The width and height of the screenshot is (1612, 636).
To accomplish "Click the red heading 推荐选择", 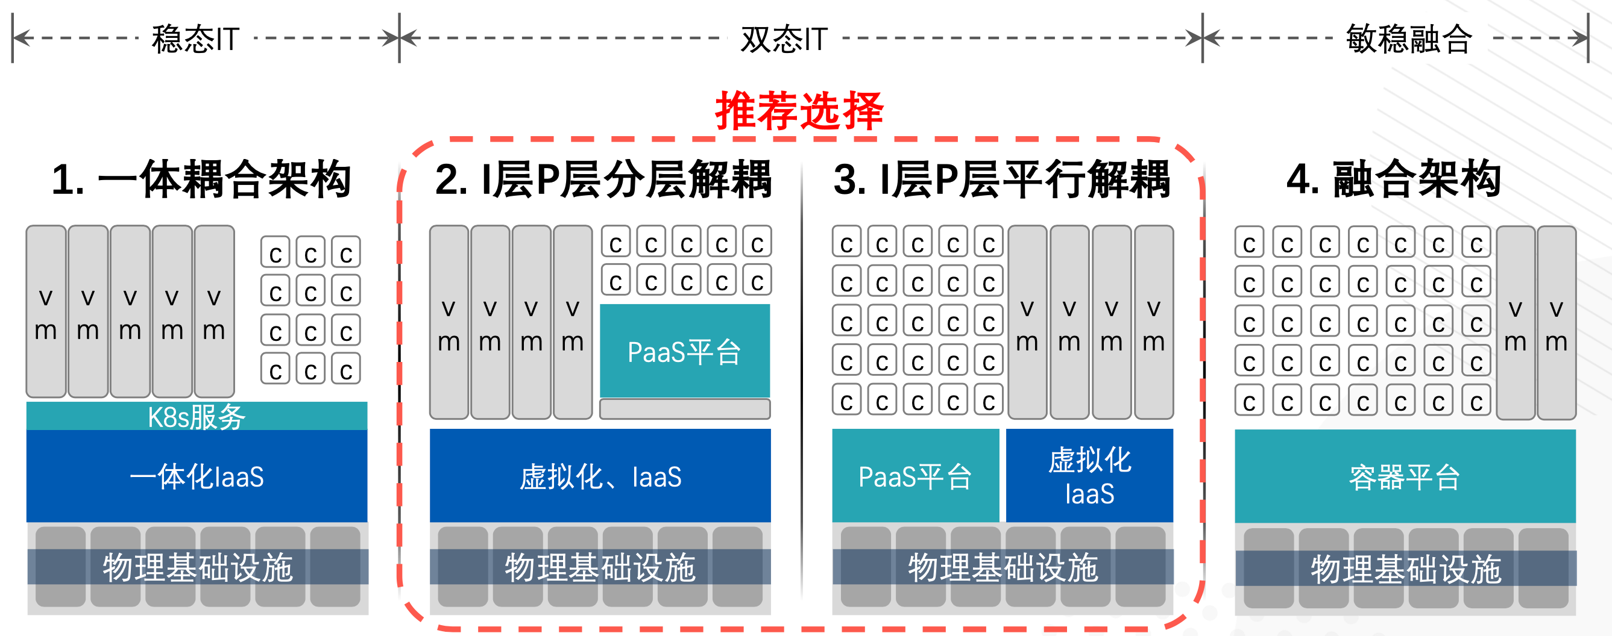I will (799, 111).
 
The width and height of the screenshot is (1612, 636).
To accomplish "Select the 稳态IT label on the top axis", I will (195, 39).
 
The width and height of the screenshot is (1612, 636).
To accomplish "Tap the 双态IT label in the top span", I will (784, 39).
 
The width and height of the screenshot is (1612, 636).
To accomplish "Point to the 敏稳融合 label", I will (1409, 39).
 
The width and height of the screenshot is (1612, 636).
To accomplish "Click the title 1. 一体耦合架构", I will (201, 179).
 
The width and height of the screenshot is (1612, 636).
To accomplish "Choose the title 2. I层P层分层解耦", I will (603, 179).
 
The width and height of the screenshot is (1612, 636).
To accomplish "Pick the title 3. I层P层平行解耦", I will (1001, 179).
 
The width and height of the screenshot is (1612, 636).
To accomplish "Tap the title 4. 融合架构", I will (1394, 179).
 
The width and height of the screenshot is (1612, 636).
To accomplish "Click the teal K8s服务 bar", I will (197, 417).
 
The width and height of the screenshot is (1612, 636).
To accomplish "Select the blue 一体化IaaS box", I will (197, 476).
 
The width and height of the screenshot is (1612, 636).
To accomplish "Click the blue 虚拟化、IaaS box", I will (600, 476).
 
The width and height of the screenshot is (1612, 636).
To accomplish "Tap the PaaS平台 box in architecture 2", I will (685, 352).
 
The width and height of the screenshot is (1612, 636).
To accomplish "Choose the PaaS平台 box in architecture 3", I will (915, 476).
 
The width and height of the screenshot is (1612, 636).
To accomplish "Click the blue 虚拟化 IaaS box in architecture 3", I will (1089, 476).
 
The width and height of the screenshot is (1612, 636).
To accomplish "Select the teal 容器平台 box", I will (1405, 476).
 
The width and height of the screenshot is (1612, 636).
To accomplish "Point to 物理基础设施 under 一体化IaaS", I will (198, 568).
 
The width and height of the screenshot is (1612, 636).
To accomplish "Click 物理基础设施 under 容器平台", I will (1405, 569).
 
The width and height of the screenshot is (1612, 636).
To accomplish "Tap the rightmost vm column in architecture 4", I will (1557, 323).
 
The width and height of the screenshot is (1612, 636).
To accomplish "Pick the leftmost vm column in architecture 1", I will (46, 311).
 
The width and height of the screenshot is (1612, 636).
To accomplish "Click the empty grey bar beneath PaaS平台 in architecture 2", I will (685, 409).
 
